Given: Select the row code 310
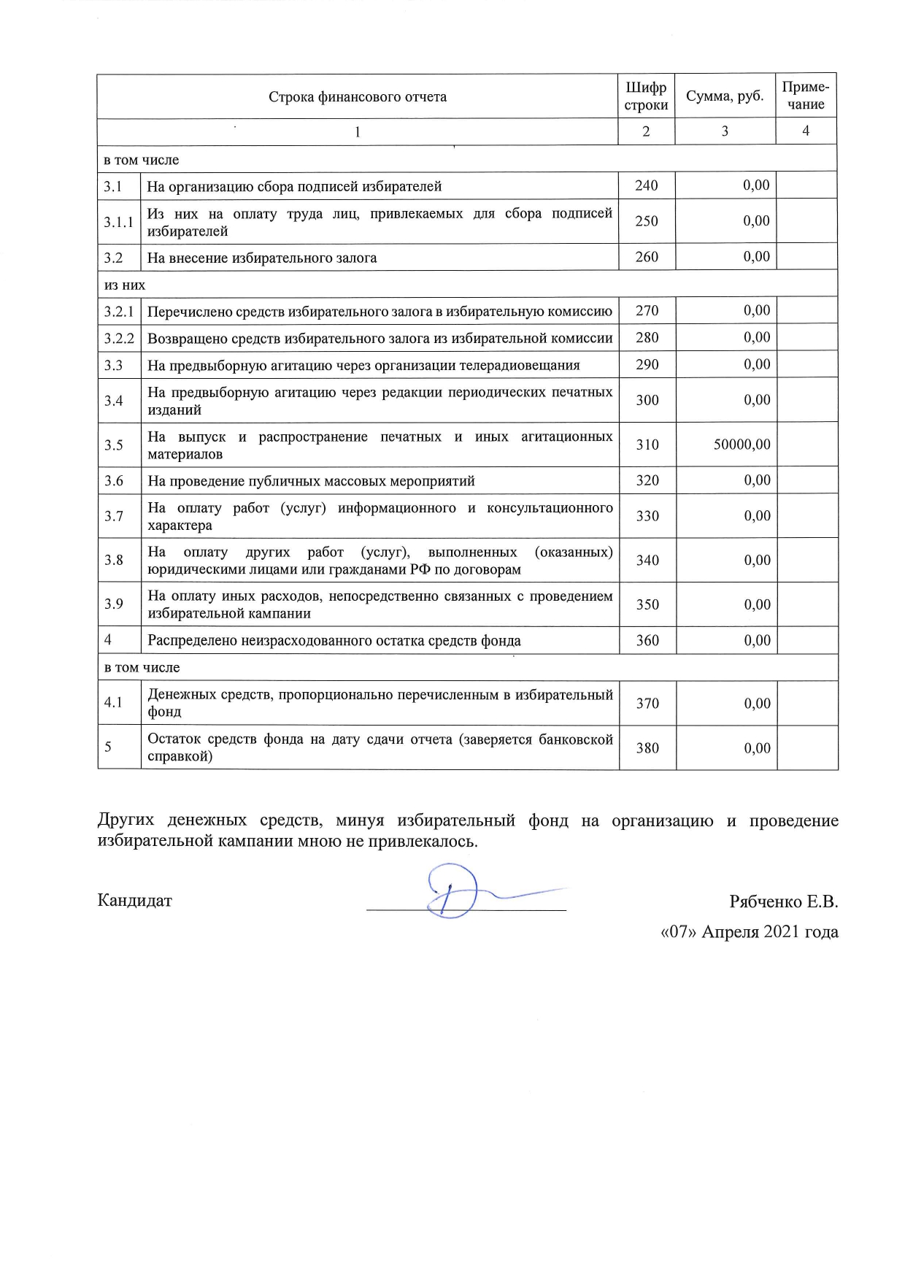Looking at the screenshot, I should click(647, 445).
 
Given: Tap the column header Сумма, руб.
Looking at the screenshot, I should click(724, 96).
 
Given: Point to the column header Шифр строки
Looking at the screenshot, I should click(646, 96).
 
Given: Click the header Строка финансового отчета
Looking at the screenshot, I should click(358, 97).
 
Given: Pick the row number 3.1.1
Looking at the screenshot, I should click(118, 222).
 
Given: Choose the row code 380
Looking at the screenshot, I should click(647, 747).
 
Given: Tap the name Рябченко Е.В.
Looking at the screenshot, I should click(783, 901).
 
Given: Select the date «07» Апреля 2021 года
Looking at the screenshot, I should click(749, 932).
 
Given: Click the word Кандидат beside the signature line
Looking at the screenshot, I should click(135, 901).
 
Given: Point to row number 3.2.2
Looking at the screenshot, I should click(119, 339).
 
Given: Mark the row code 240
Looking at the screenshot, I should click(647, 185).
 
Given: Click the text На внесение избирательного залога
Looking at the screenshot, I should click(262, 258).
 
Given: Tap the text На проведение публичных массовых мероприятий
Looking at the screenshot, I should click(311, 481).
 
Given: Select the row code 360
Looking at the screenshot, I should click(647, 640).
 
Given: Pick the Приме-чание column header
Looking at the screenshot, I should click(806, 96).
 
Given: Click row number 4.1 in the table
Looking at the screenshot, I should click(112, 702).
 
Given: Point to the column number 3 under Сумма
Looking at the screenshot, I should click(724, 131).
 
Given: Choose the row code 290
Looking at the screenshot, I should click(647, 364).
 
